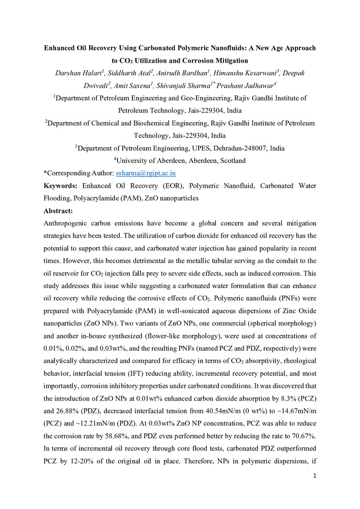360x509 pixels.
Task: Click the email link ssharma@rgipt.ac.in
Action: point(146,173)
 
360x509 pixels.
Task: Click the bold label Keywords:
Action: point(61,186)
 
